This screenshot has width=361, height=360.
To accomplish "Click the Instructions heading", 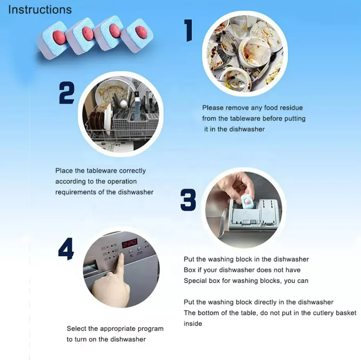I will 40,10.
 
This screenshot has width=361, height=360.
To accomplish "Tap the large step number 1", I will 188,30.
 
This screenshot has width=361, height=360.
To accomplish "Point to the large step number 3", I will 188,200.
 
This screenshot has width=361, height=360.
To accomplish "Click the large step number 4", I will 66,249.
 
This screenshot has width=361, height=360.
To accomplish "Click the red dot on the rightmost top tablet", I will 140,31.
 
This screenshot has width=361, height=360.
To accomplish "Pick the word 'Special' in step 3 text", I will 195,281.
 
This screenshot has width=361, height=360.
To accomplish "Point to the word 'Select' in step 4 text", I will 76,328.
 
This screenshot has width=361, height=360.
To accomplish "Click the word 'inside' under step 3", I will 193,324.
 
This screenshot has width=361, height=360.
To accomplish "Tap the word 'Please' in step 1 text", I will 213,108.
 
